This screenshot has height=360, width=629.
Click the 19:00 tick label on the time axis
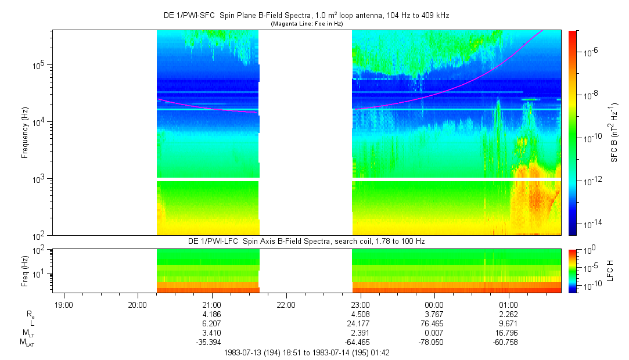63,305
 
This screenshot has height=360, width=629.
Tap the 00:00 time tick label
434,305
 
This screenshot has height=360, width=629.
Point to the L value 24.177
360,323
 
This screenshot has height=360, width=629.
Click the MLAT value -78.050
434,343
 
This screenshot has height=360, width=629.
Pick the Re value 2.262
509,314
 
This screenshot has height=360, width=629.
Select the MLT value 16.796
509,333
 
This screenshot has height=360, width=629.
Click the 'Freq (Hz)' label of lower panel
25,271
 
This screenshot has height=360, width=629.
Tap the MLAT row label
27,343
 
